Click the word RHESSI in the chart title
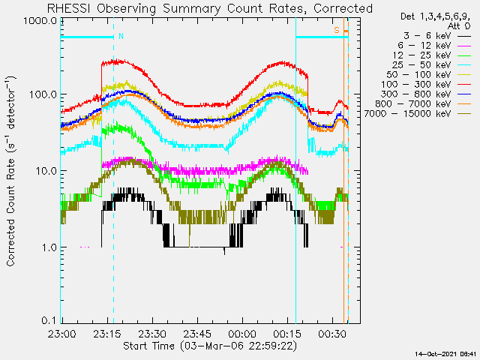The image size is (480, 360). [68, 8]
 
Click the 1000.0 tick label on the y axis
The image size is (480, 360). [40, 21]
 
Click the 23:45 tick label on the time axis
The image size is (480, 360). [197, 333]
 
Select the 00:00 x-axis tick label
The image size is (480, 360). [242, 333]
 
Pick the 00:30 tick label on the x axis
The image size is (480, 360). [332, 333]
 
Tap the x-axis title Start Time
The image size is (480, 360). [148, 346]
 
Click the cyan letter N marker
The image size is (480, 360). [121, 37]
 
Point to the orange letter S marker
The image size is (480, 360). [337, 30]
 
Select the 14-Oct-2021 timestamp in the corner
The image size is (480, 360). [445, 354]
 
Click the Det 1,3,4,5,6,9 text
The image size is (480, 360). [435, 16]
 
